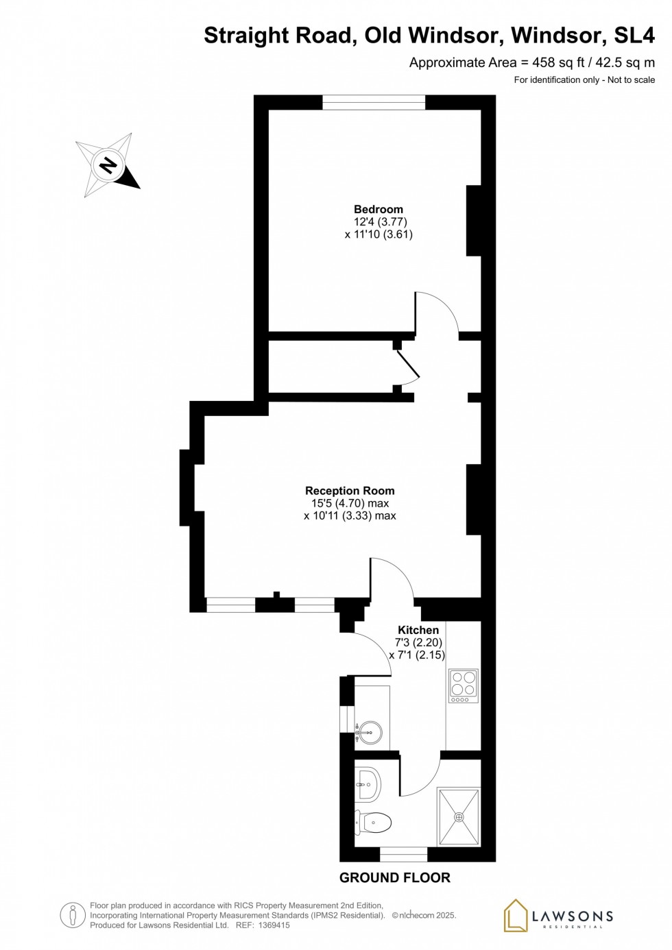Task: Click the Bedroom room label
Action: [x=379, y=210]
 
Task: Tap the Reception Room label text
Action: [x=350, y=491]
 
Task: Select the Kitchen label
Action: [x=418, y=630]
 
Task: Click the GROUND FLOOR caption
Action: [x=395, y=878]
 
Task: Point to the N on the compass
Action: [x=108, y=165]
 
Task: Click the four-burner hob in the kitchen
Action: [x=464, y=685]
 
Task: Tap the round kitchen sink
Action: [x=370, y=733]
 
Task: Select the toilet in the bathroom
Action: [x=374, y=822]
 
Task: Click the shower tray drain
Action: [x=459, y=817]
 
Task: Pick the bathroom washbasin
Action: [x=368, y=784]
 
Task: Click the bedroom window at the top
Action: [x=374, y=103]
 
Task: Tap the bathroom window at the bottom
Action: [x=403, y=854]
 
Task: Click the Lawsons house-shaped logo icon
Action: [x=516, y=916]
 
